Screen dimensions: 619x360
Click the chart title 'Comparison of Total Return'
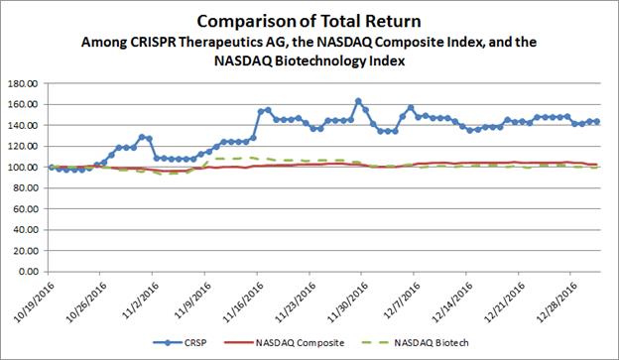tap(309, 21)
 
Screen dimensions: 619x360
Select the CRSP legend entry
tap(180, 342)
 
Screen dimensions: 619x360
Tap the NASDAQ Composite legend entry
tap(285, 342)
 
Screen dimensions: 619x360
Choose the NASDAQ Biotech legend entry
tap(416, 342)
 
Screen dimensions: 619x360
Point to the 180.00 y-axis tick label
tap(24, 83)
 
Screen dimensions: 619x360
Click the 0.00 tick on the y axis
tap(28, 272)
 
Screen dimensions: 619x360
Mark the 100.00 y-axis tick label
tap(24, 168)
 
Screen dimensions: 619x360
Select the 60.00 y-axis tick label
tap(26, 209)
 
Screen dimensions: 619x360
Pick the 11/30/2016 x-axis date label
tap(347, 301)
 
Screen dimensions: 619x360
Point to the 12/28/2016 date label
tap(557, 301)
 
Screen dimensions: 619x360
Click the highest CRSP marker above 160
tap(358, 101)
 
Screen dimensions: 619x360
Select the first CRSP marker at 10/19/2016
tap(52, 168)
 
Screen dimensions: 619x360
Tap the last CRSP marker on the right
tap(597, 122)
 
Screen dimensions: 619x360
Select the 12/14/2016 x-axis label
tap(451, 301)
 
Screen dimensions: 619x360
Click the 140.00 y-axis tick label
tap(24, 125)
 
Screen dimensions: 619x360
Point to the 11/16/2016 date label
tap(242, 301)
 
